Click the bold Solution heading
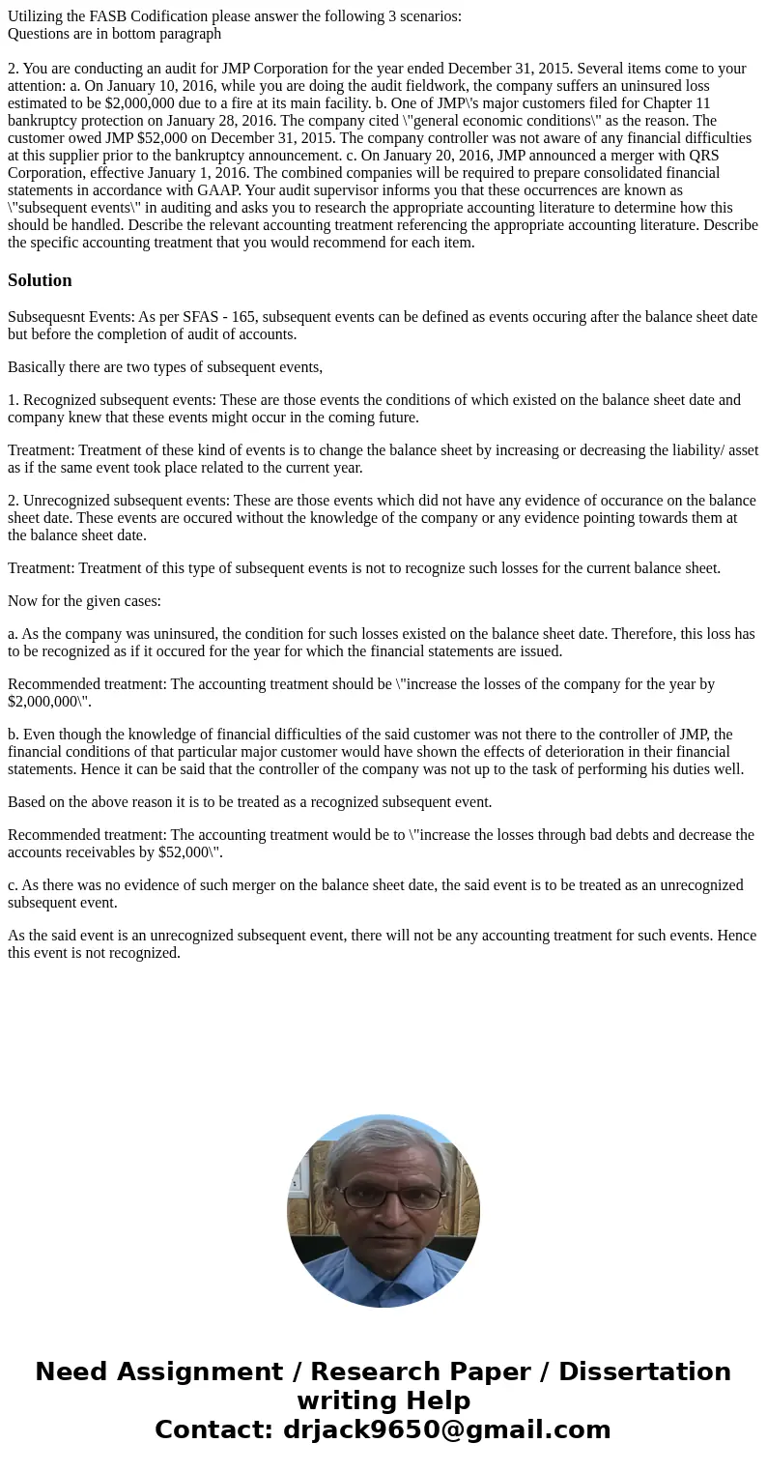coord(40,280)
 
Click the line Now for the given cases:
coord(84,601)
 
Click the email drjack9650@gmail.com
coord(446,1429)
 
